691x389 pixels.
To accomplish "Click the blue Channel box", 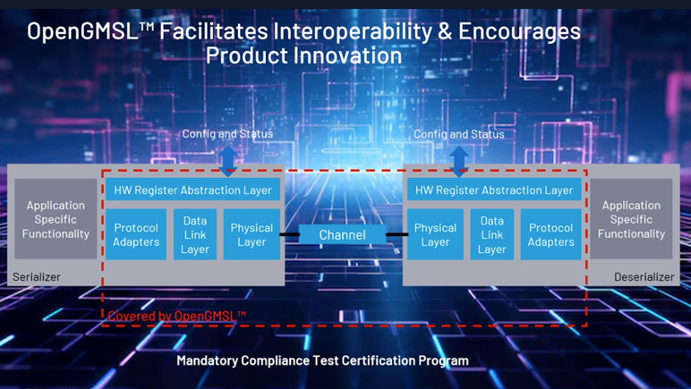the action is [343, 234].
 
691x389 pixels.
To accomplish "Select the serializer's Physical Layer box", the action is [252, 234].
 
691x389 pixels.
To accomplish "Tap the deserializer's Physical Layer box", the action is [435, 234].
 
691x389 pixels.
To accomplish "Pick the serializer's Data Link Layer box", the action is [195, 234].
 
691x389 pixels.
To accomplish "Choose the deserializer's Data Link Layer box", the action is [491, 234].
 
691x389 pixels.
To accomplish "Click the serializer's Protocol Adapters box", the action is [136, 234].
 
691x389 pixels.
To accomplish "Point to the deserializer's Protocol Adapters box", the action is [550, 234].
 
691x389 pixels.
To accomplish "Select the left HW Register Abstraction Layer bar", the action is [192, 190].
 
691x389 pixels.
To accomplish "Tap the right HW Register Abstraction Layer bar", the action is [494, 190].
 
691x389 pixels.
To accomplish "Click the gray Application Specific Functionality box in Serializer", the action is [55, 219].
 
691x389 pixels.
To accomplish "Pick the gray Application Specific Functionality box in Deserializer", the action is [631, 219].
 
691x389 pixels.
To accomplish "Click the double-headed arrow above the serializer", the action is [228, 162].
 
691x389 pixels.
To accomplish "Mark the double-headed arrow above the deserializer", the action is [459, 162].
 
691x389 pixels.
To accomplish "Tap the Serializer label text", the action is [37, 277].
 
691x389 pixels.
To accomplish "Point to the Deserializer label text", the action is [644, 277].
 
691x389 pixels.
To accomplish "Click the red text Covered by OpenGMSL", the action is [176, 316].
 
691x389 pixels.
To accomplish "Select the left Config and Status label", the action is [227, 134].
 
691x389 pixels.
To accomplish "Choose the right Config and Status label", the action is [459, 134].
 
